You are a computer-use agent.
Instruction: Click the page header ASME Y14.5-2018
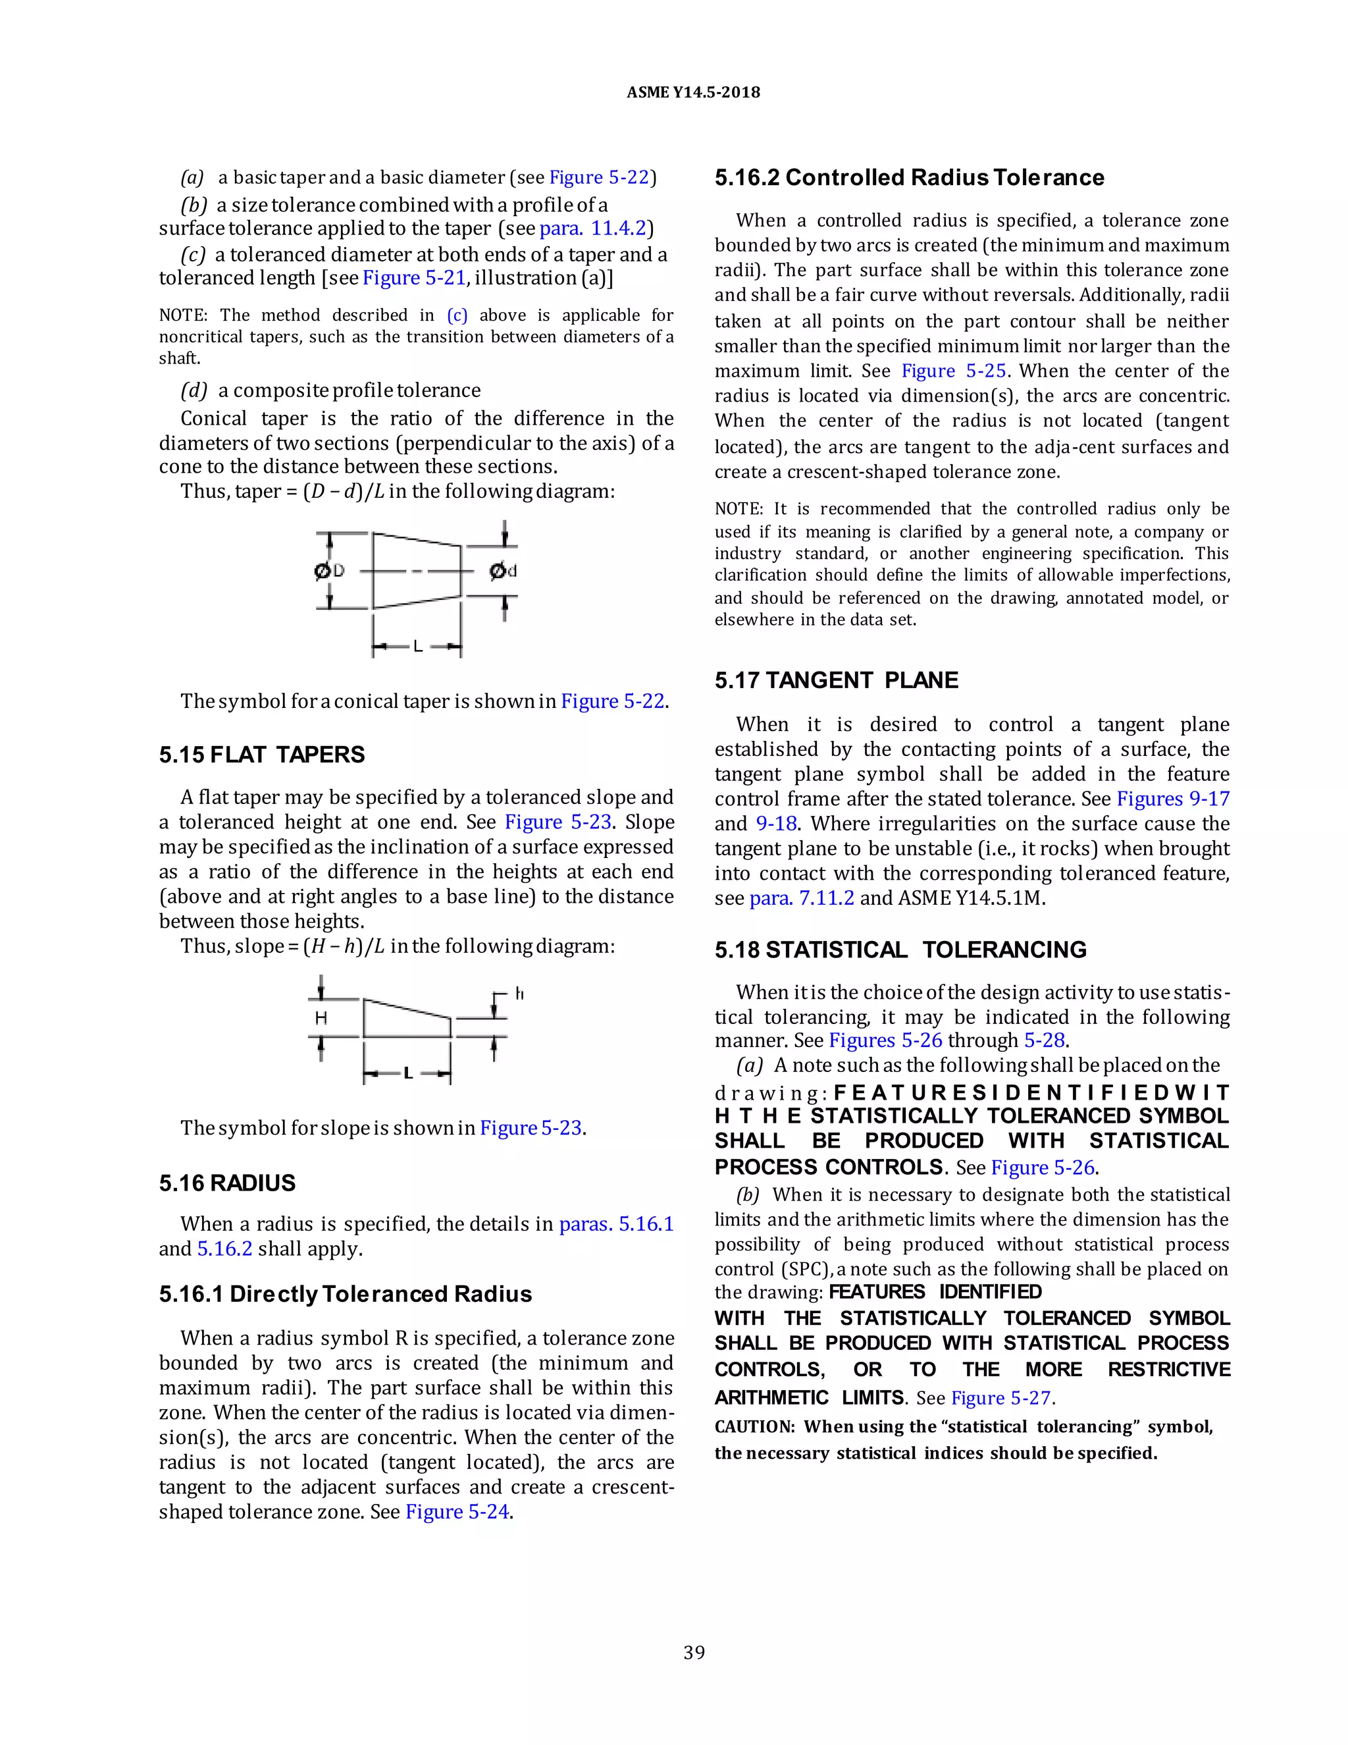692,93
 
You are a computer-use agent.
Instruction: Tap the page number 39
694,1652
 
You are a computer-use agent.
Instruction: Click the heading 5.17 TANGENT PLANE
835,681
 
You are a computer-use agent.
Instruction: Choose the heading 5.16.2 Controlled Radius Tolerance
909,177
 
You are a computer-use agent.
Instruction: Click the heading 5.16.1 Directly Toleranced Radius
345,1295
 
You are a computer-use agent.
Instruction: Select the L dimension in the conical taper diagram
417,645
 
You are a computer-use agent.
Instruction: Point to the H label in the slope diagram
321,1018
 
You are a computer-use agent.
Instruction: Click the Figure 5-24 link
457,1512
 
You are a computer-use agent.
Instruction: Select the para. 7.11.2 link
802,898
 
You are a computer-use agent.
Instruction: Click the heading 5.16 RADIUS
227,1183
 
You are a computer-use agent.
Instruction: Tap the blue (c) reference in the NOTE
457,315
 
